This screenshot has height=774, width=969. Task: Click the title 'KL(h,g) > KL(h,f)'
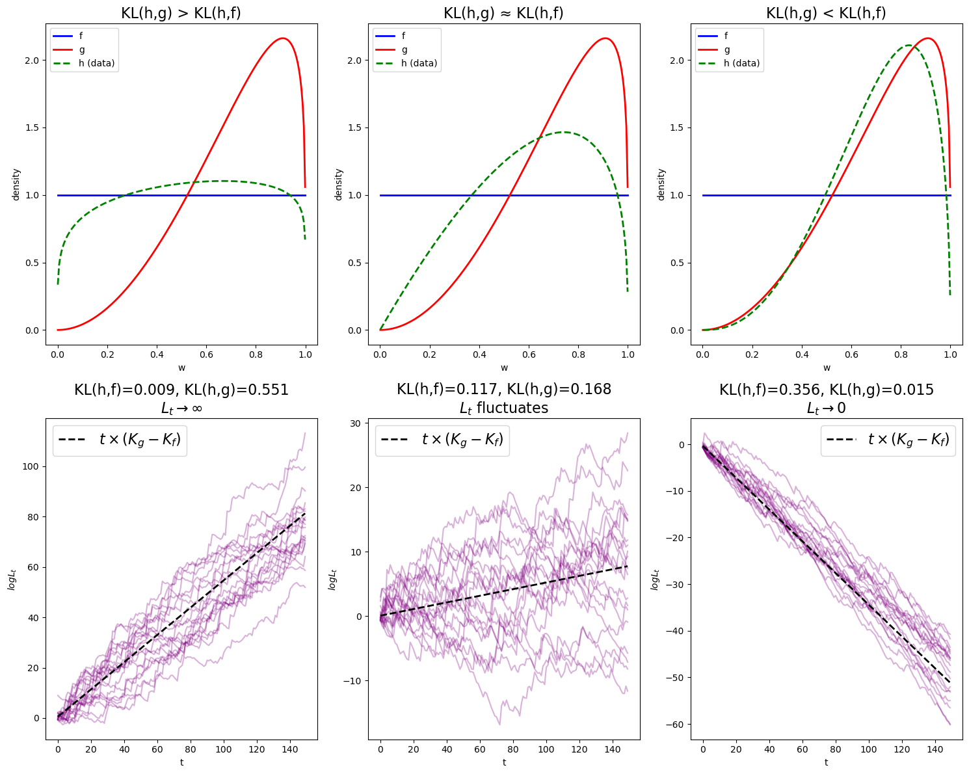tap(181, 13)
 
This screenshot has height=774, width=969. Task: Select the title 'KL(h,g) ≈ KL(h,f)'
tap(503, 13)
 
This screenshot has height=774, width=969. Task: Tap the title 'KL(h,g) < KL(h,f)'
tap(826, 13)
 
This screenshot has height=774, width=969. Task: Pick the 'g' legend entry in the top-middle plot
tap(405, 49)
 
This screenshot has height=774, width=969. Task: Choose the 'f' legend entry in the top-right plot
tap(727, 36)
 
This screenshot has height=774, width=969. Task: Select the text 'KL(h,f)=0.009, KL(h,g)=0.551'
tap(181, 390)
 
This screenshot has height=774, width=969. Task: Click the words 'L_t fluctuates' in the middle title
tap(503, 408)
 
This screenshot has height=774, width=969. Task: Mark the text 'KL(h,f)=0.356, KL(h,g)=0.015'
tap(826, 390)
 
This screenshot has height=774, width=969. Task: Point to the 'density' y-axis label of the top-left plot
tap(16, 184)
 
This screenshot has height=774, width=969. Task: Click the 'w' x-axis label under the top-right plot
tap(827, 367)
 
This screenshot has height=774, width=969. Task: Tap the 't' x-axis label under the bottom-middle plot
tap(504, 762)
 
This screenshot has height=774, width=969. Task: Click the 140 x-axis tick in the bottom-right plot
tap(934, 749)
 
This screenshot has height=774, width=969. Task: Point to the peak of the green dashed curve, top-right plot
tap(908, 46)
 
